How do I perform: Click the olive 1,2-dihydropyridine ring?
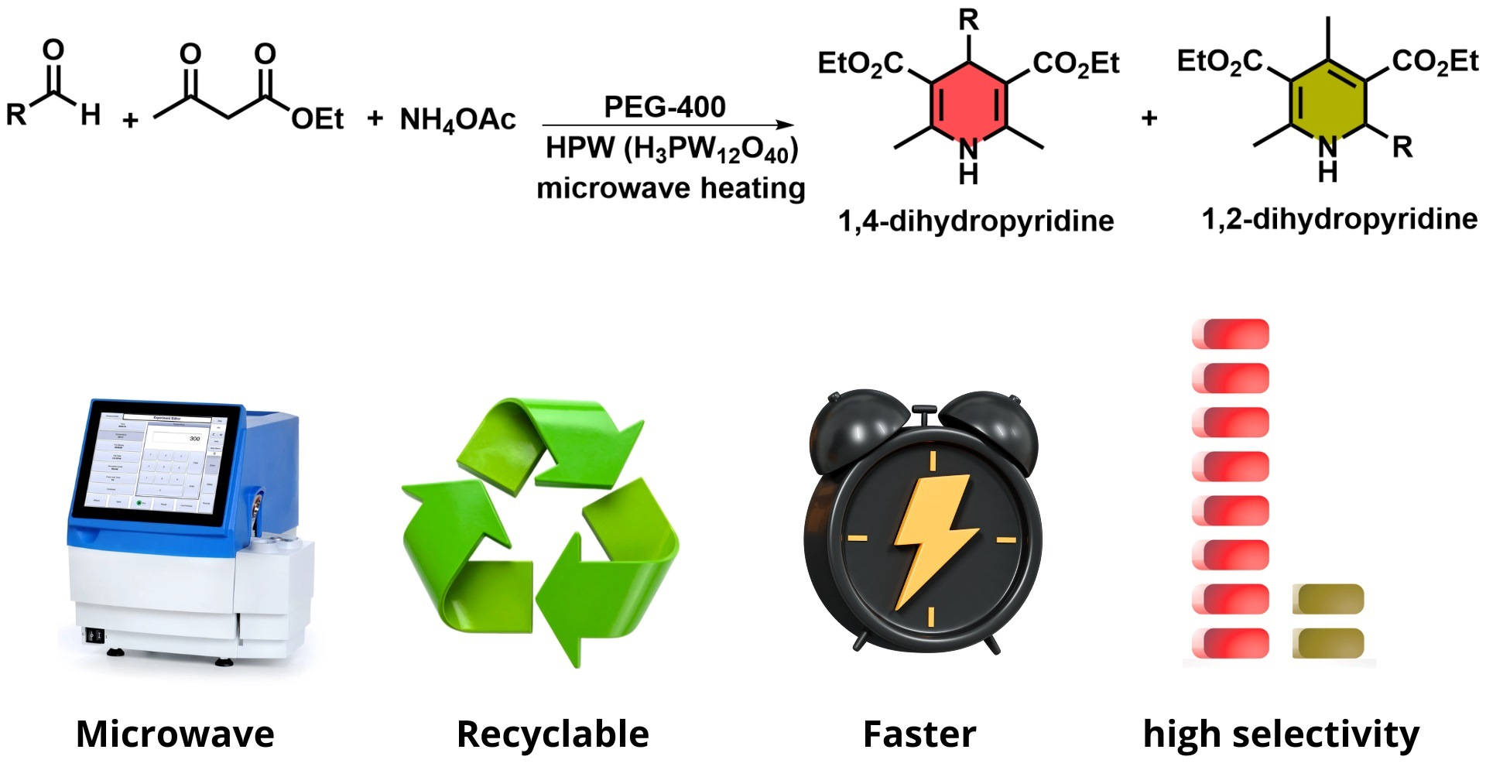point(1327,101)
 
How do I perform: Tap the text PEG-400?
point(665,106)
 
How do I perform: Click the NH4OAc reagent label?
point(457,120)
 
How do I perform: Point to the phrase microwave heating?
point(671,188)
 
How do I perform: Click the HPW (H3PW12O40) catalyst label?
point(671,149)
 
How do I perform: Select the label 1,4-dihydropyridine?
point(976,221)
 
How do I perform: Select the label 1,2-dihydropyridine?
point(1339,219)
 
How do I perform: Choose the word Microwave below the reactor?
point(175,734)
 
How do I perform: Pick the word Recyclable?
point(553,734)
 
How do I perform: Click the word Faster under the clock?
point(919,734)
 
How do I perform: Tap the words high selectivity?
point(1281,734)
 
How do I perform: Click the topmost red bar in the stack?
point(1231,334)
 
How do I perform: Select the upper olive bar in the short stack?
point(1328,599)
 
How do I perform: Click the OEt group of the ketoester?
point(317,119)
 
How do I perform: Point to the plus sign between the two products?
point(1149,118)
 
